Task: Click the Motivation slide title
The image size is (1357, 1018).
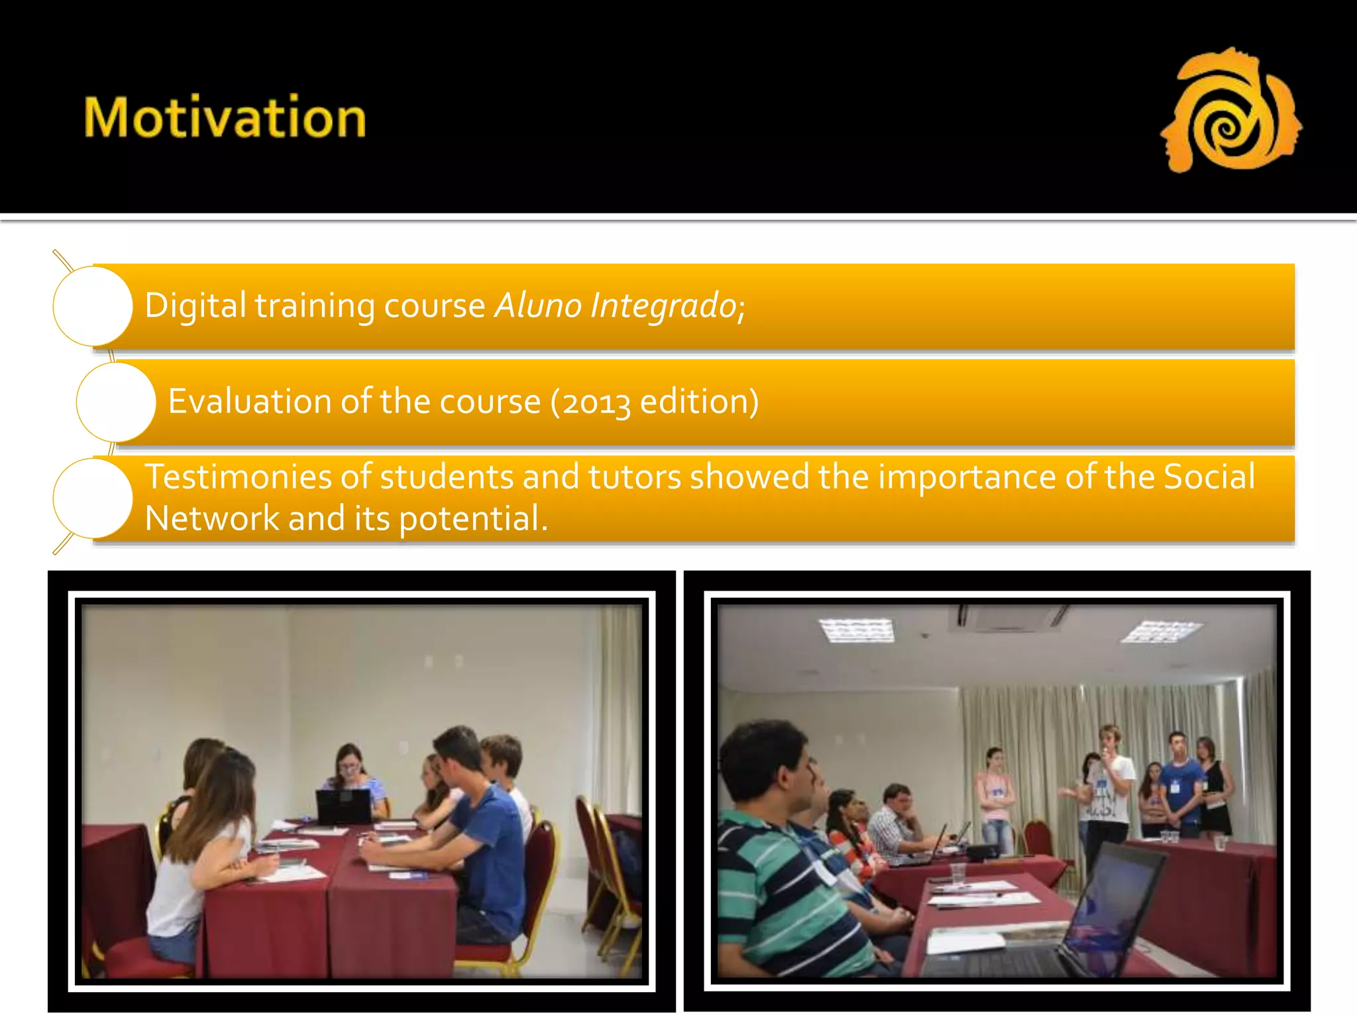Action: click(225, 117)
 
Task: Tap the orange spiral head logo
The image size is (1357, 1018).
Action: click(1230, 111)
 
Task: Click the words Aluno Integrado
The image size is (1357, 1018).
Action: click(616, 306)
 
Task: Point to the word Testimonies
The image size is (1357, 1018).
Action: click(238, 477)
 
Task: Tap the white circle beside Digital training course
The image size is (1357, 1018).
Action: click(93, 306)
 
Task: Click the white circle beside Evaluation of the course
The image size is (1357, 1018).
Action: click(116, 402)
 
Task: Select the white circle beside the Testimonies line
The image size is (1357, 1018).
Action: click(93, 498)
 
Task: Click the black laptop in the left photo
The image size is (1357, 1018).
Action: click(343, 806)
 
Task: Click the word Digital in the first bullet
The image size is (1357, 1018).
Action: click(195, 306)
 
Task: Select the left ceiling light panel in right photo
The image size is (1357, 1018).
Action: click(857, 629)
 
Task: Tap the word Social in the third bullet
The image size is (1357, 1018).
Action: click(1209, 477)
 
